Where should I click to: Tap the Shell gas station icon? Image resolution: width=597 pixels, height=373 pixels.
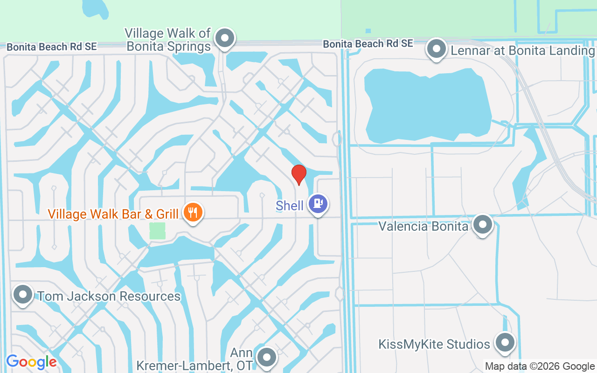(318, 204)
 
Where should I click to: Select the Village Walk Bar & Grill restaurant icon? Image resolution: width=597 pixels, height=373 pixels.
(192, 213)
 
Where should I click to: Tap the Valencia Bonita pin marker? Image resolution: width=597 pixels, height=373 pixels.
(482, 225)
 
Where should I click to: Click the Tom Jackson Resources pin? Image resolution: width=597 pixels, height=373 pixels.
(22, 295)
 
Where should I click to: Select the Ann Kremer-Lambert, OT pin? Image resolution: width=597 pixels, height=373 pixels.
(267, 358)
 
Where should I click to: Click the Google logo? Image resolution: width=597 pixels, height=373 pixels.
(31, 362)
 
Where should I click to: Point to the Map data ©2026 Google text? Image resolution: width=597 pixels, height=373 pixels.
(539, 366)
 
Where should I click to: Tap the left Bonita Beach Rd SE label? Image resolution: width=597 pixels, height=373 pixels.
(51, 47)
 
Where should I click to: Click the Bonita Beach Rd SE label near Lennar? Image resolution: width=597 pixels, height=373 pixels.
(368, 44)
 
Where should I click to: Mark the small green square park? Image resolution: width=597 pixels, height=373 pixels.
(157, 231)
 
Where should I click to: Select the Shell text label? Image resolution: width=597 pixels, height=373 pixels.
(290, 206)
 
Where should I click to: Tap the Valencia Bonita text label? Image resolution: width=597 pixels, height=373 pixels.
(423, 227)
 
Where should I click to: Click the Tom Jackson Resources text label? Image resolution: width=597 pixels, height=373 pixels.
(109, 297)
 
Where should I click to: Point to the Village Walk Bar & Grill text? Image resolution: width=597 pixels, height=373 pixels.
(113, 214)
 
